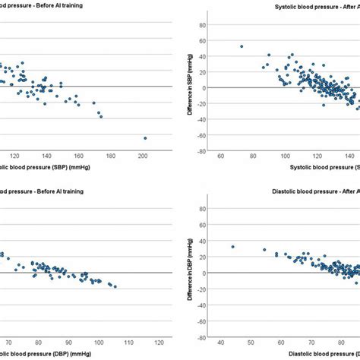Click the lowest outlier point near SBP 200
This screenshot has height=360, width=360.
pos(144,138)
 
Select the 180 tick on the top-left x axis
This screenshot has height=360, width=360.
pos(111,156)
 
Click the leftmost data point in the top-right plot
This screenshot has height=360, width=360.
pos(242,46)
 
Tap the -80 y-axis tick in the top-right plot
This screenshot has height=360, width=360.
pos(203,150)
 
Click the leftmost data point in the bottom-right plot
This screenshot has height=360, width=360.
pos(232,247)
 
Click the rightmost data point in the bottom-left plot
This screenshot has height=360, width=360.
pos(115,286)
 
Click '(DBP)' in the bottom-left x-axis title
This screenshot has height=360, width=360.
pos(65,354)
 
